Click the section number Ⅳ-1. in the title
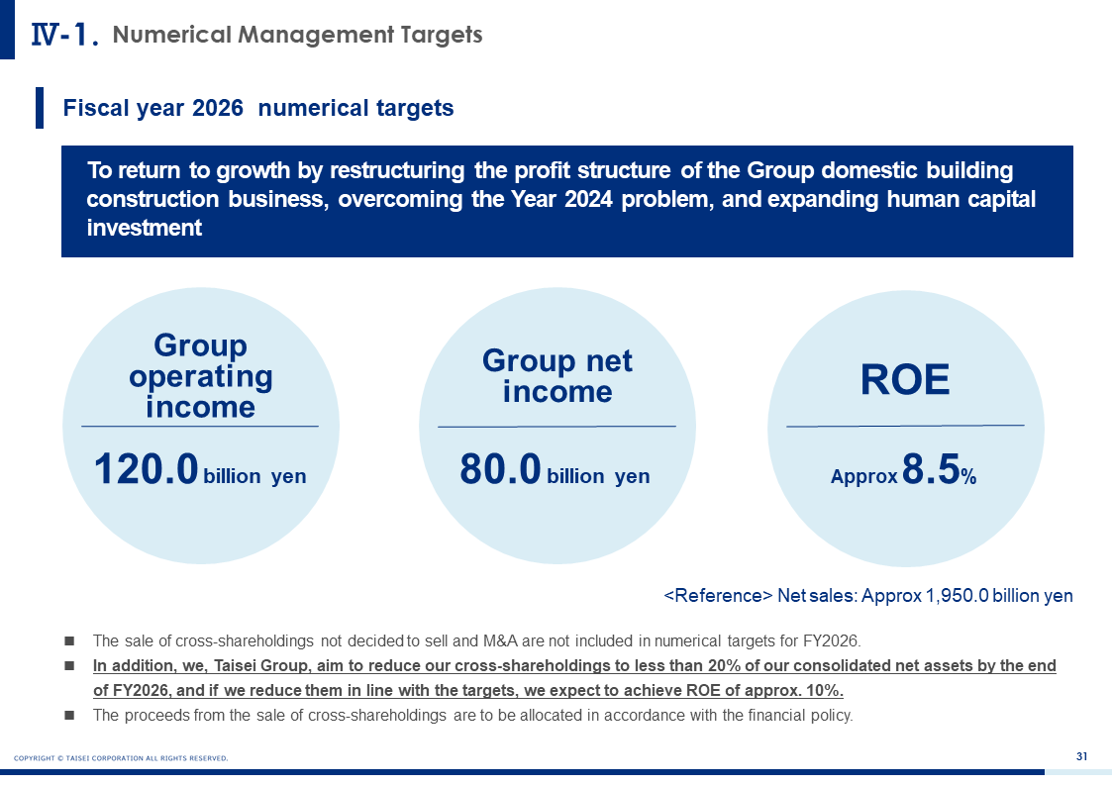pos(64,35)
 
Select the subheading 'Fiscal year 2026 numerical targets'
pos(258,108)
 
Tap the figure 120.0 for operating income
pos(147,469)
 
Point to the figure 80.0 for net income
pos(501,469)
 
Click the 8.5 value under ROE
pos(931,469)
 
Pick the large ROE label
pos(905,379)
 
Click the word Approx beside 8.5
pos(863,476)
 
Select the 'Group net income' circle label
pos(557,375)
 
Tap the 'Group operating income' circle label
pos(201,375)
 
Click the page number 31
pos(1081,756)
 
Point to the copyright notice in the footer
pos(121,758)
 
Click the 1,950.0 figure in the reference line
pos(957,595)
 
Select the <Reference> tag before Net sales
pos(718,595)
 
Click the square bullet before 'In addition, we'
pos(69,666)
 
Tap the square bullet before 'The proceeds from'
pos(69,715)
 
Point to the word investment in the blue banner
pos(145,228)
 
